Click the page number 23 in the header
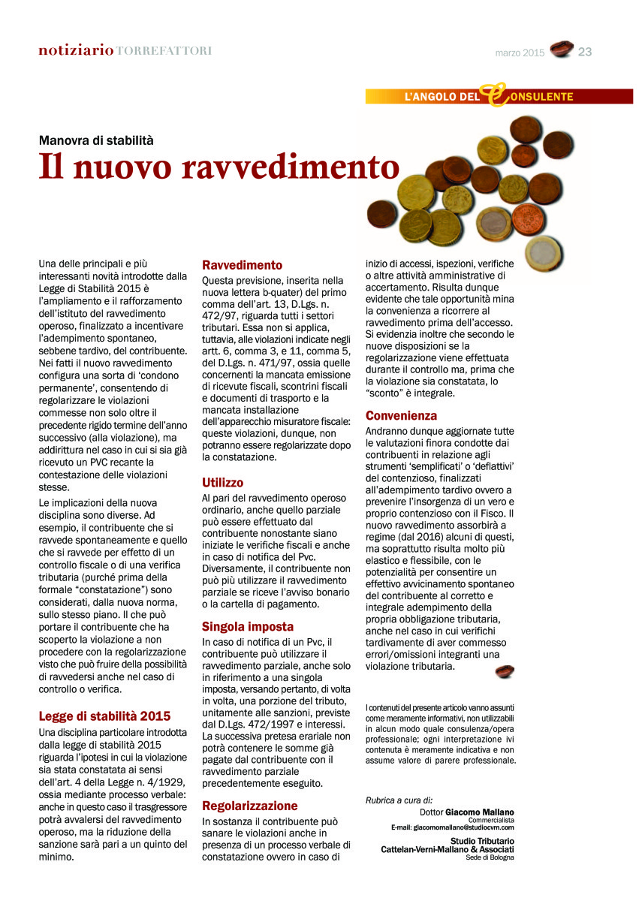[586, 52]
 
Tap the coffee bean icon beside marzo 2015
[561, 50]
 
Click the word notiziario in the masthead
[77, 51]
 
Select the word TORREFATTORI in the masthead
[164, 51]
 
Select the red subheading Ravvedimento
[243, 265]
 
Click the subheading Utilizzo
[223, 482]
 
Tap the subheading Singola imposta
[248, 626]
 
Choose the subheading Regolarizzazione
[250, 806]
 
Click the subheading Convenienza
[401, 415]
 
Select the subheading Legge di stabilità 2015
[104, 716]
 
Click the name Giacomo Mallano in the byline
[480, 812]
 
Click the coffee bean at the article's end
[505, 671]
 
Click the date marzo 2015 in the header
[520, 53]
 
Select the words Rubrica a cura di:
[399, 800]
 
